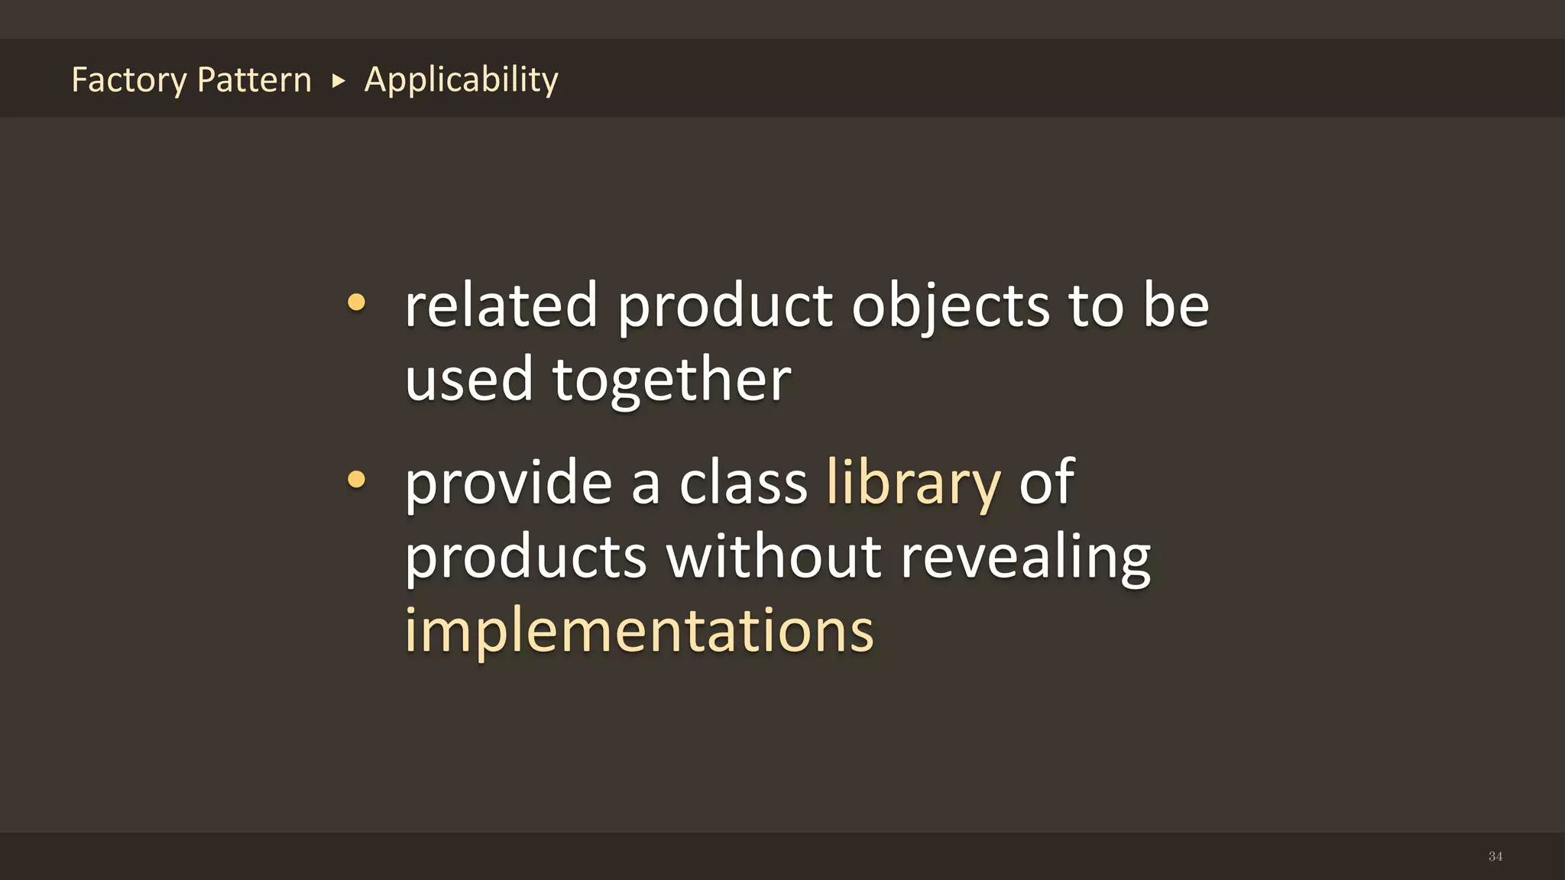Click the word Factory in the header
pyautogui.click(x=128, y=80)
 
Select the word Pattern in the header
pyautogui.click(x=254, y=79)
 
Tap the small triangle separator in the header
pyautogui.click(x=339, y=80)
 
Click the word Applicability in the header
pyautogui.click(x=461, y=79)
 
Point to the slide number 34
pyautogui.click(x=1495, y=856)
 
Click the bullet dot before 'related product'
pyautogui.click(x=356, y=302)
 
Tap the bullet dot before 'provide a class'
pyautogui.click(x=356, y=480)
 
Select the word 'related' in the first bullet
pyautogui.click(x=501, y=305)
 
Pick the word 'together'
pyautogui.click(x=672, y=380)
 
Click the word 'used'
pyautogui.click(x=468, y=380)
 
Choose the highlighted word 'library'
pyautogui.click(x=913, y=483)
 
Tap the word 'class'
pyautogui.click(x=743, y=483)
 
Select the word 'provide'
pyautogui.click(x=508, y=483)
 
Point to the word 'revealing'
pyautogui.click(x=1025, y=558)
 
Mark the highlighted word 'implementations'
pyautogui.click(x=639, y=630)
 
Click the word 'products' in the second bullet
pyautogui.click(x=526, y=558)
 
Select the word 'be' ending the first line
pyautogui.click(x=1176, y=305)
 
